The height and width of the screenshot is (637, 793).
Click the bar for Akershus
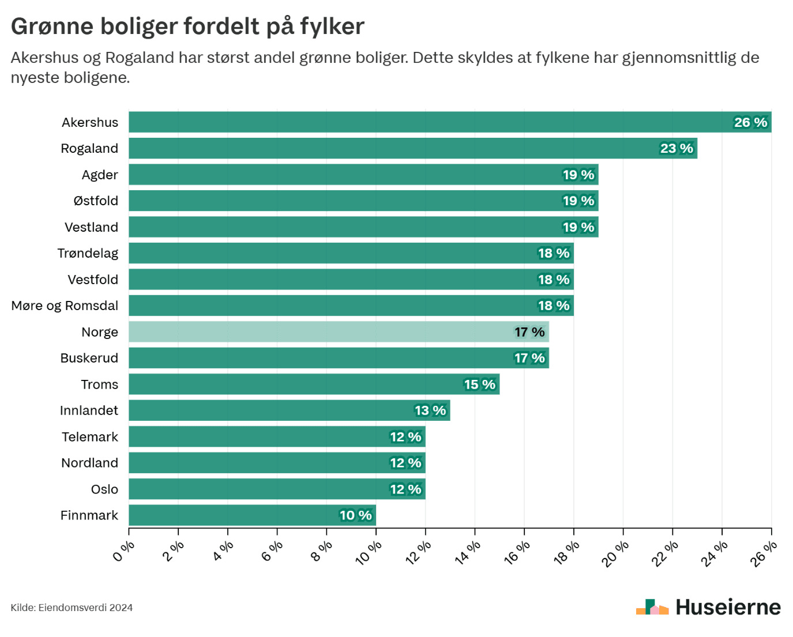427,122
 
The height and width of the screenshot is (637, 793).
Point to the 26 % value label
750,122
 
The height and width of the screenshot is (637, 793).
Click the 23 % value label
677,148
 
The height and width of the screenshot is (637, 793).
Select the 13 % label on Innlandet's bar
430,410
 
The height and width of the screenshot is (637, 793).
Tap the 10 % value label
355,515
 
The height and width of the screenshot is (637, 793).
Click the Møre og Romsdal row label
65,306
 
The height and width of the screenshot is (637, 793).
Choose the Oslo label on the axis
104,489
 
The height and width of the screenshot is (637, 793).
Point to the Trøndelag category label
88,253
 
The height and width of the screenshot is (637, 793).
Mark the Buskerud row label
89,358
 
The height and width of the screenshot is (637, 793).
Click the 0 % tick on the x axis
123,552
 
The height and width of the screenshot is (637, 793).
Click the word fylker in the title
332,27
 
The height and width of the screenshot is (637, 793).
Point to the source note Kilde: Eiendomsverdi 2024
72,608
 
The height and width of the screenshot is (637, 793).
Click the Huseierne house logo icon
652,607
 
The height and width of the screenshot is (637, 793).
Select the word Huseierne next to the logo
728,607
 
